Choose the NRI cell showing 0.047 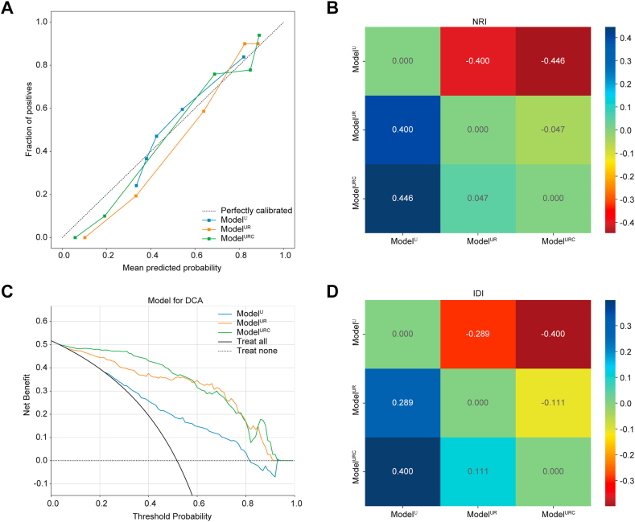(477, 197)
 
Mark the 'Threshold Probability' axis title (174, 516)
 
